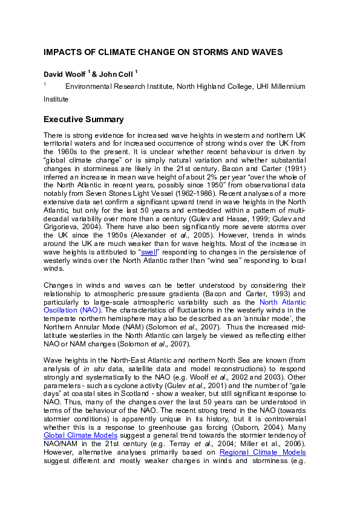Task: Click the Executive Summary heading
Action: pos(83,119)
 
